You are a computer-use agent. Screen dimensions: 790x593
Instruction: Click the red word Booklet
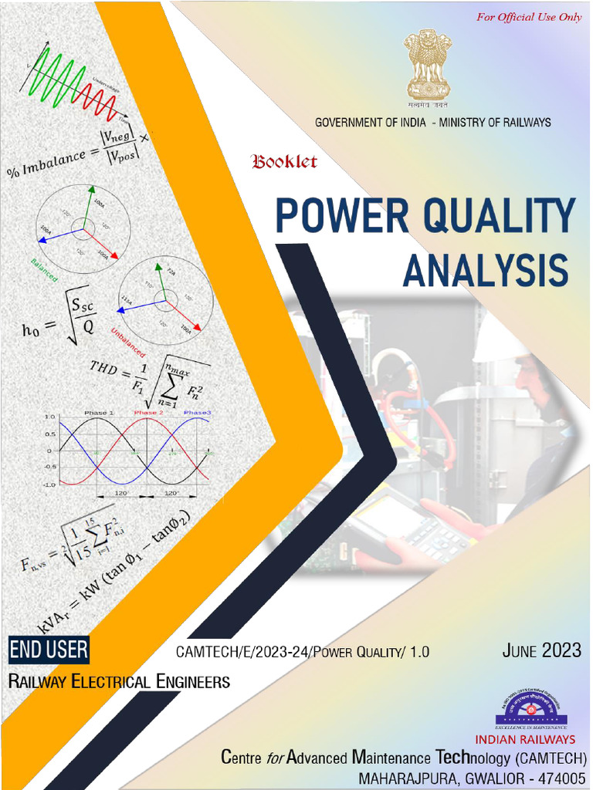(x=283, y=162)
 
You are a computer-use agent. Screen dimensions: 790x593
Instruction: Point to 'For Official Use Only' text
(x=529, y=17)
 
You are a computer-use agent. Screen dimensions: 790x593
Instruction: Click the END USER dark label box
(x=49, y=650)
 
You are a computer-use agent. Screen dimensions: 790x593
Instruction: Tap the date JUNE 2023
(x=541, y=651)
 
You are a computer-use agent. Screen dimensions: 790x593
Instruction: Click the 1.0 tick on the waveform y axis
(x=49, y=417)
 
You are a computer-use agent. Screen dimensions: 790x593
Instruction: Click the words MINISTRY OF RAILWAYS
(x=495, y=123)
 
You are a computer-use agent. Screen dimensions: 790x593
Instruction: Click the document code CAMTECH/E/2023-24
(x=236, y=653)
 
